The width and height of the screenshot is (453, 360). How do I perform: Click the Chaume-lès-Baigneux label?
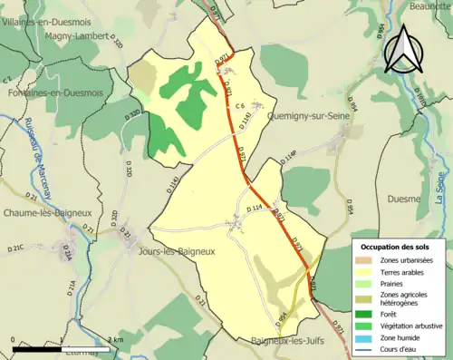[45, 212]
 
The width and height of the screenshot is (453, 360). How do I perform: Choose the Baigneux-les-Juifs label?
[289, 341]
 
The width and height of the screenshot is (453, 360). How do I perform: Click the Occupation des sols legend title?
[396, 247]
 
